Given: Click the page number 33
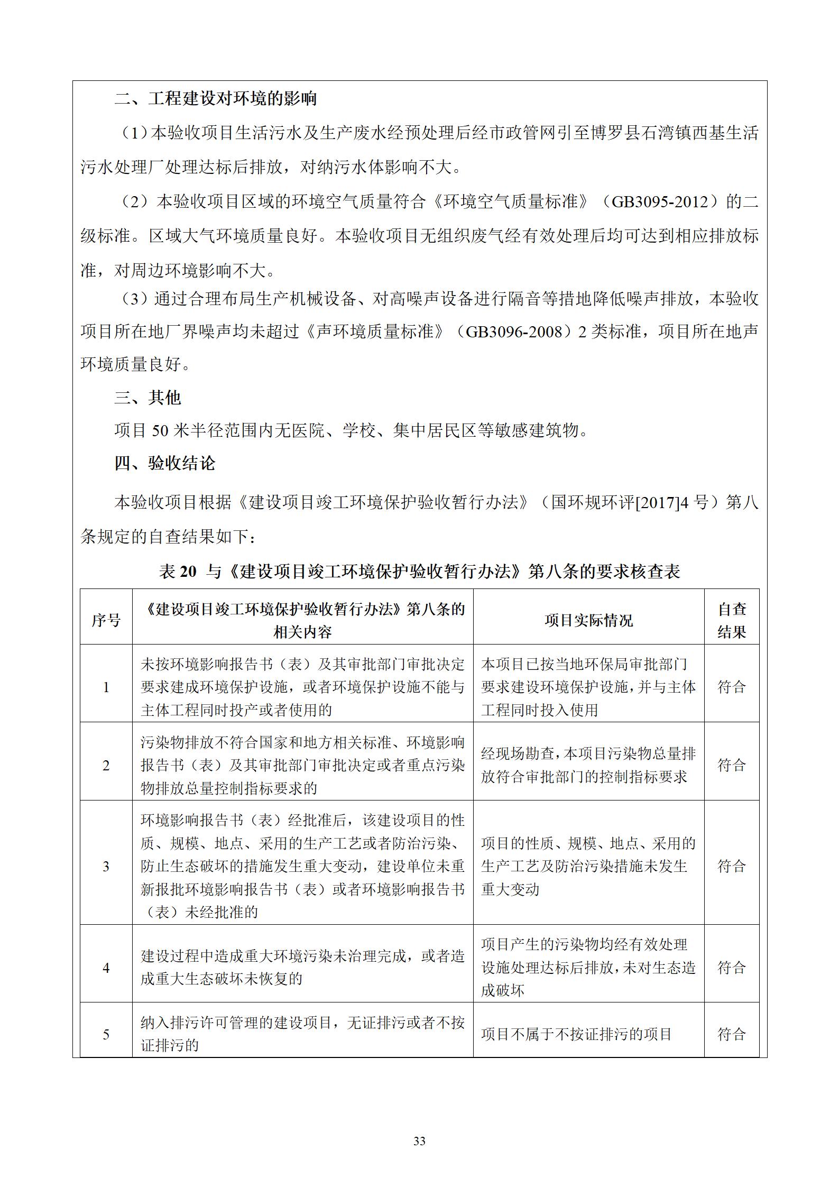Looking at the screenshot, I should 419,1141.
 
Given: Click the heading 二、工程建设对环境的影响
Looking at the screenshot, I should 215,98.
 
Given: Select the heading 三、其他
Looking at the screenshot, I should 147,397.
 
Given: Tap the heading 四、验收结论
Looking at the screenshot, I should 164,463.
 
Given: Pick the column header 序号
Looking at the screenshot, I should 106,620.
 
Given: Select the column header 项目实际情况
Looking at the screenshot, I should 588,620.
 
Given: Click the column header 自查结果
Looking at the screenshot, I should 732,620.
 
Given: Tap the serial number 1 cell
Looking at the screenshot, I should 106,687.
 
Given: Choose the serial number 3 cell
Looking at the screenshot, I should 106,866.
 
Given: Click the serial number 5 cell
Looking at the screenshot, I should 106,1034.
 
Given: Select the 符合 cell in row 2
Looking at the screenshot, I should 732,765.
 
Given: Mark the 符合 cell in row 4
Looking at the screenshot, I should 732,967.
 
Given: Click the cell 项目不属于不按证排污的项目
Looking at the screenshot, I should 576,1034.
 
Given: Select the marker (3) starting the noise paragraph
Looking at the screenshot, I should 134,299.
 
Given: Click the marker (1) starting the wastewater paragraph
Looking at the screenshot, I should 132,133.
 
